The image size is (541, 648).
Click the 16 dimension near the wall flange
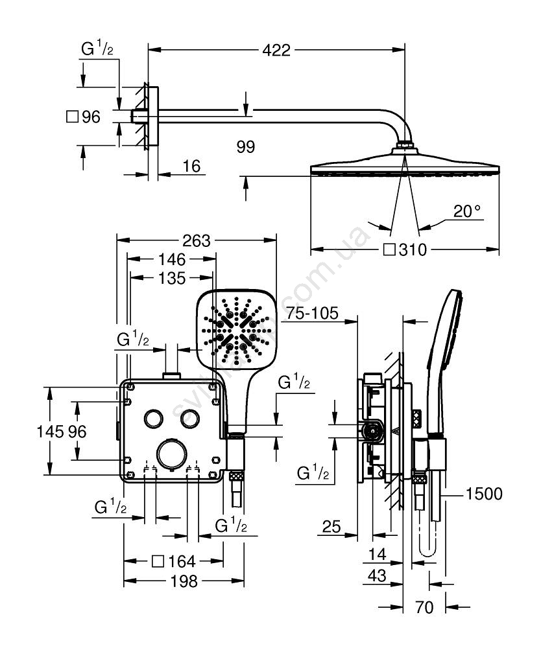(191, 167)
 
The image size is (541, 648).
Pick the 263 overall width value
(197, 241)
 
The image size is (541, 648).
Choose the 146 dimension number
(173, 260)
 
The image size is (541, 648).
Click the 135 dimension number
(172, 279)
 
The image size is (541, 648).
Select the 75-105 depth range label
(313, 314)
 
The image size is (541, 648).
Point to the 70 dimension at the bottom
(424, 608)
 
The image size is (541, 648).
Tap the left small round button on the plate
(154, 418)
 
